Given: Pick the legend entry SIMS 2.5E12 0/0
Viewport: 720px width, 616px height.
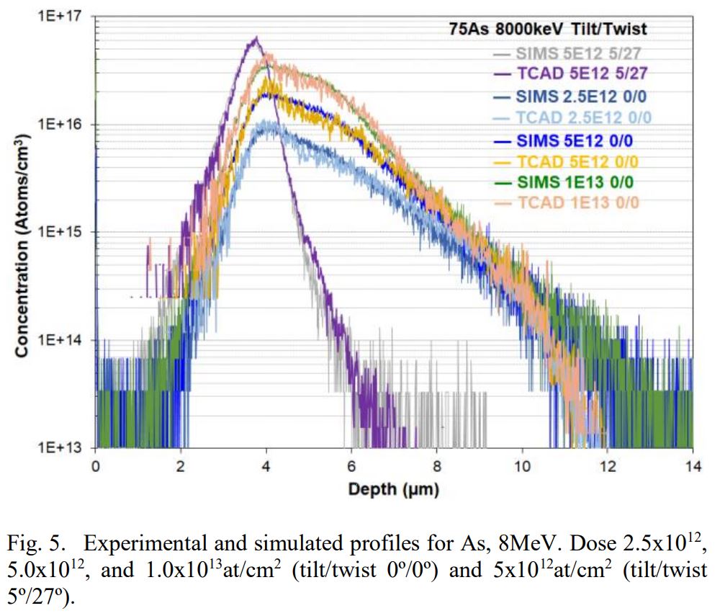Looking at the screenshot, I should tap(576, 96).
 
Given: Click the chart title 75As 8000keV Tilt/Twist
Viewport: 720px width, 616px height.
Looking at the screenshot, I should tap(544, 30).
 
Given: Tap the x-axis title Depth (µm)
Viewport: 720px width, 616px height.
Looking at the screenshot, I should tap(393, 490).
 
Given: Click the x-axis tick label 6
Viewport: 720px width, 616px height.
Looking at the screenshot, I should tap(351, 466).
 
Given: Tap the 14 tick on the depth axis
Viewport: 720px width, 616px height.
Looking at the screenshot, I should tap(692, 466).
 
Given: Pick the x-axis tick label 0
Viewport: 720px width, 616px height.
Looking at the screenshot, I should tap(96, 466).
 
